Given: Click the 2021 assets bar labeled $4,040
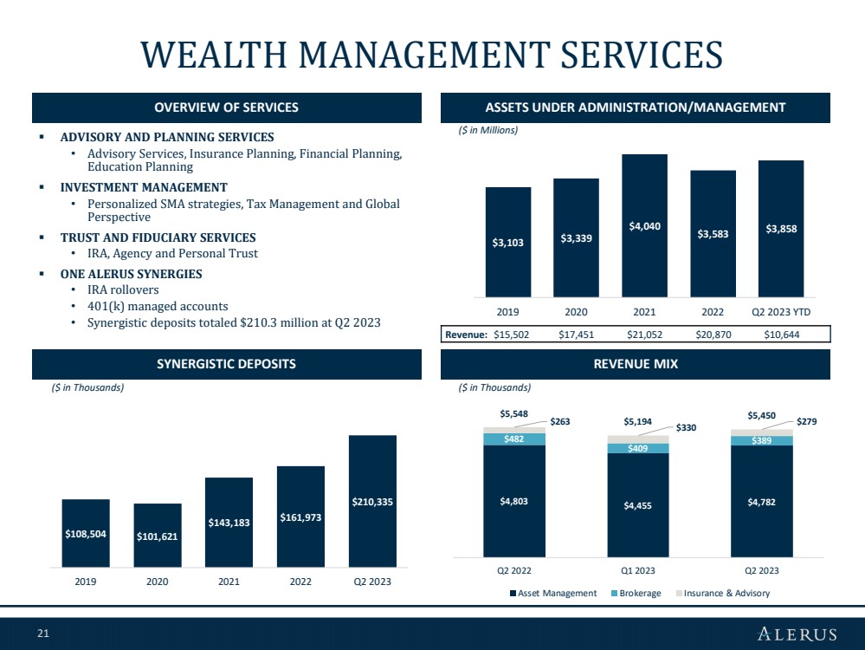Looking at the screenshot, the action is tap(644, 225).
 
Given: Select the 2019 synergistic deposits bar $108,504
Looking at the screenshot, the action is tap(86, 533).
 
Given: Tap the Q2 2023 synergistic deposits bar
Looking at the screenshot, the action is tap(372, 501).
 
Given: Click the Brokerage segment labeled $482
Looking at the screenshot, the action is tap(514, 439).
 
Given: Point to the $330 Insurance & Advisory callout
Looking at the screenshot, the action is tap(686, 427).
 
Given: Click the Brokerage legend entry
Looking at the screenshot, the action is tap(636, 593).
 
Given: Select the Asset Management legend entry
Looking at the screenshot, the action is tap(553, 593).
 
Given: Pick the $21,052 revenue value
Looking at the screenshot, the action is tap(644, 335).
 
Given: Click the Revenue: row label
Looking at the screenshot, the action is tap(466, 335).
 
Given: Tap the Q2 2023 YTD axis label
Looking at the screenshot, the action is tap(781, 312).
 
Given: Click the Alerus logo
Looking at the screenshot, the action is tap(797, 634).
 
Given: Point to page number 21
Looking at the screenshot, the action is tap(43, 634).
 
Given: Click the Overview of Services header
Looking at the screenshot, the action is tap(226, 107).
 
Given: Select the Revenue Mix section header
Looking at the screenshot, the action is tap(636, 364).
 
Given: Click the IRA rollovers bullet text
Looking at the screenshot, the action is tap(123, 290).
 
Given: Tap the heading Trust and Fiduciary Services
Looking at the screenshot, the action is tap(158, 237).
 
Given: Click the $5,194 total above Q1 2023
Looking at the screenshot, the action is tap(638, 421).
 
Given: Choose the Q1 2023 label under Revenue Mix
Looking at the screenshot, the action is tap(638, 570).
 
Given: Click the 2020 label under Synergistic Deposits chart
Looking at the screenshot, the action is tap(158, 582).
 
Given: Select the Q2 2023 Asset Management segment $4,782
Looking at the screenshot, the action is tap(762, 501).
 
